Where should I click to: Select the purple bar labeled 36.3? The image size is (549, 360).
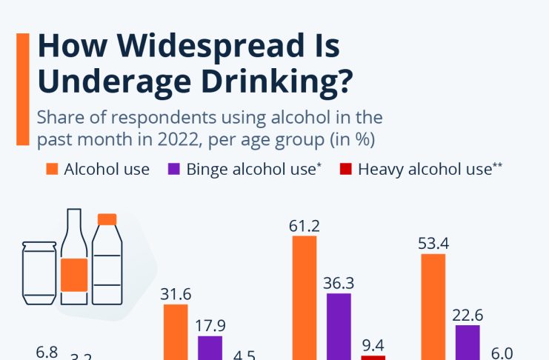pos(339,326)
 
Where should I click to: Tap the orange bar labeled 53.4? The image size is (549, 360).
pos(433,307)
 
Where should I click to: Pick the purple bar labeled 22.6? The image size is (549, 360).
pos(468,342)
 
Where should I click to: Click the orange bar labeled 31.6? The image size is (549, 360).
pos(176,332)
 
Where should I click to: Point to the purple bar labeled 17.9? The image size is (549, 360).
pos(210,347)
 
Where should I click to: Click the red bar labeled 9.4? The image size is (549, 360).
pos(373,357)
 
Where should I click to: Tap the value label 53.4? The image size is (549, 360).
pos(433,243)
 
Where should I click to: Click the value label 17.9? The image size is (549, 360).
pos(210,326)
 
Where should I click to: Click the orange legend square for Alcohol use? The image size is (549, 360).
pos(52,169)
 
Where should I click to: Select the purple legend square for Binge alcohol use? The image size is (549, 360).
pos(174,169)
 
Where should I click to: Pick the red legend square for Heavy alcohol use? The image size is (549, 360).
pos(346,169)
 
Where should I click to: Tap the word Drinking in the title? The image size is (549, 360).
pos(263,80)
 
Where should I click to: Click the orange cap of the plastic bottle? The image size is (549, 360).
pos(107,219)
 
